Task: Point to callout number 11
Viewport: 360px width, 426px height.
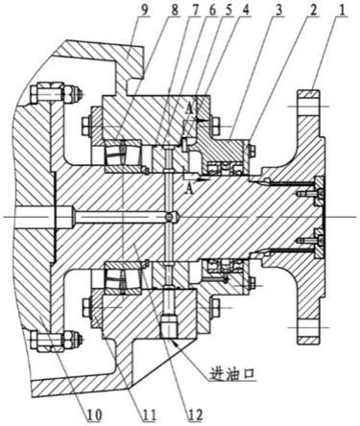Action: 149,414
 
